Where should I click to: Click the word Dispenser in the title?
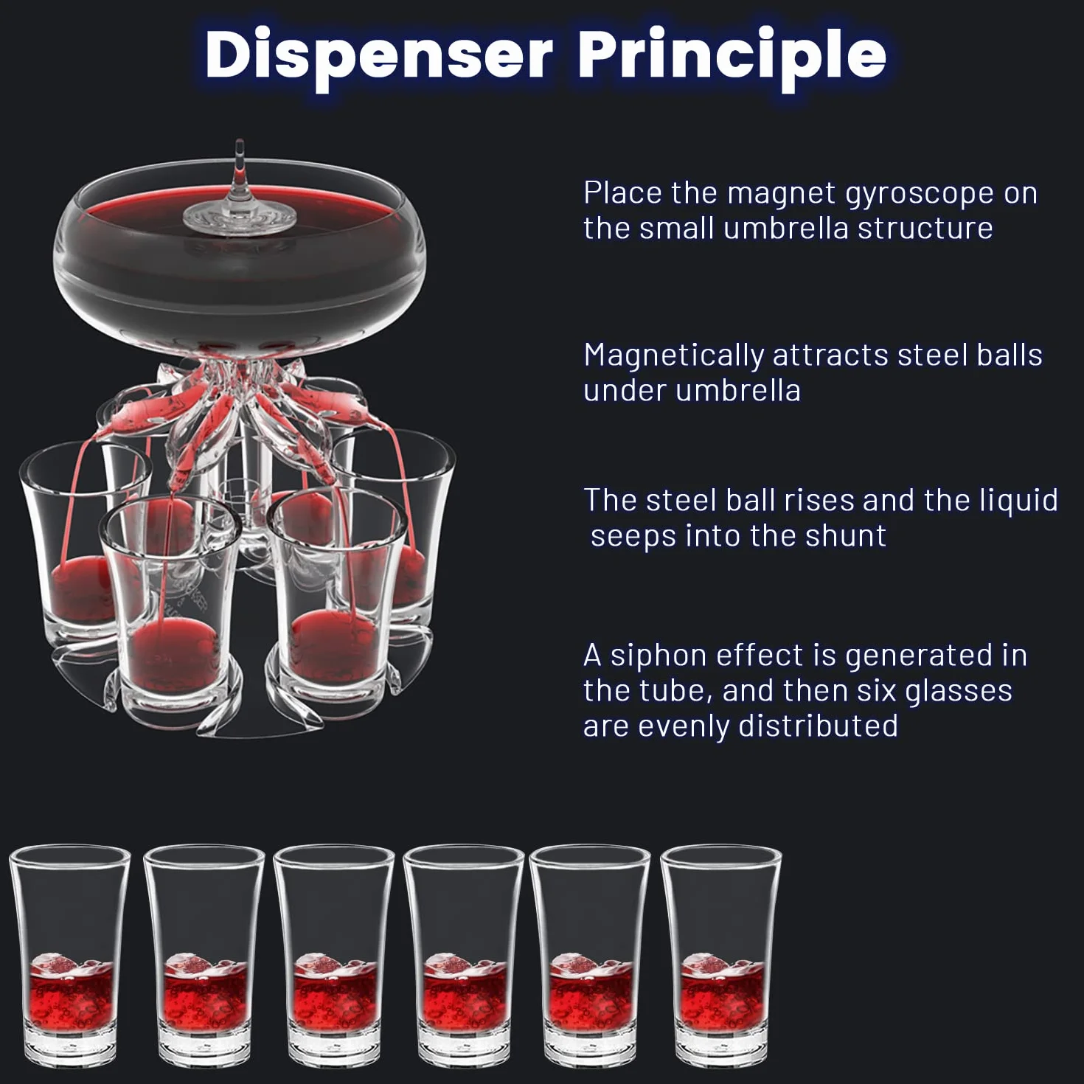(x=379, y=57)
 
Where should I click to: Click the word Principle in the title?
(x=732, y=57)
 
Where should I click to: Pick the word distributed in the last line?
(x=819, y=725)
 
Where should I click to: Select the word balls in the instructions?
(x=1010, y=355)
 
